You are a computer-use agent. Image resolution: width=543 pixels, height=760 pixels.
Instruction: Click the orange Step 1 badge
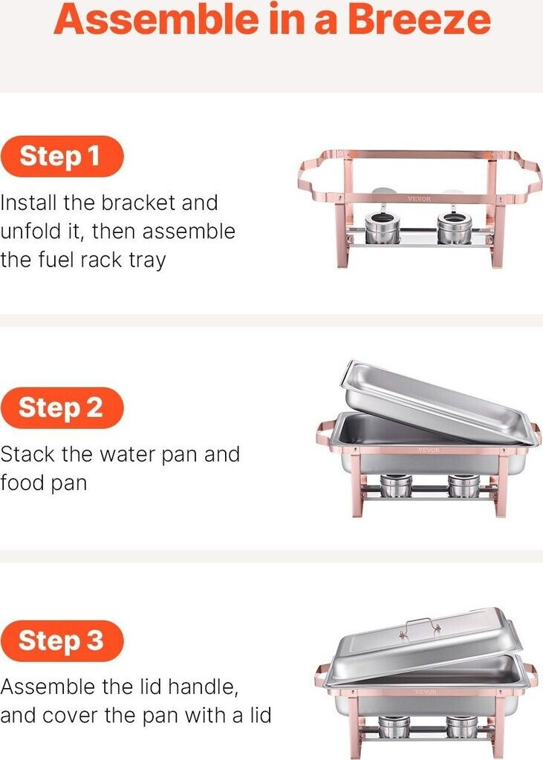62,157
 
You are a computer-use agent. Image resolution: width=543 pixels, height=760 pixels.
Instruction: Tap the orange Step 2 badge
62,407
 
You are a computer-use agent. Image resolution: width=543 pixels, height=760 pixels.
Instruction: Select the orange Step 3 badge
62,641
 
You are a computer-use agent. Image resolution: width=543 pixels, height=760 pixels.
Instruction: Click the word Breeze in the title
419,19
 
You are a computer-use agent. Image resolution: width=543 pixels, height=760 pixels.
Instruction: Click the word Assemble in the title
156,19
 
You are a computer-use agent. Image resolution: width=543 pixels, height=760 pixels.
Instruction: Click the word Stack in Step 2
27,454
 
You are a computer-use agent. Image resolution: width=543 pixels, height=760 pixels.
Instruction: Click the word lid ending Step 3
261,715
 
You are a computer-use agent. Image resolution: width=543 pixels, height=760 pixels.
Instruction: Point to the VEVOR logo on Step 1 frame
419,199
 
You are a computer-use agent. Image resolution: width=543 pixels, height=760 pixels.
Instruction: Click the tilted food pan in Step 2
439,402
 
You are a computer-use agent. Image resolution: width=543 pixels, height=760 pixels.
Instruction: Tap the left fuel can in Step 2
396,486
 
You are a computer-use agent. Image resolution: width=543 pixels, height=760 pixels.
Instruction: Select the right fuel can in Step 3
463,727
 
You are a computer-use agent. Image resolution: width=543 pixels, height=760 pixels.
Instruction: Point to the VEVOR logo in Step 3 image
426,691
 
